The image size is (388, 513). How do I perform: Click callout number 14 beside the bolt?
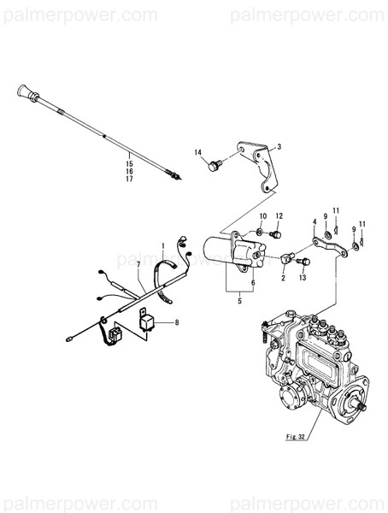[x=197, y=153]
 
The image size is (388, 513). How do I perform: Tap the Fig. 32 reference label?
[x=297, y=437]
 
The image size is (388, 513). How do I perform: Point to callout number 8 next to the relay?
[x=176, y=322]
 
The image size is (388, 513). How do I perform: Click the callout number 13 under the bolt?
[x=302, y=278]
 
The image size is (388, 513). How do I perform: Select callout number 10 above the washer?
[x=263, y=215]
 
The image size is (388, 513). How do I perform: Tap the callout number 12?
[x=279, y=215]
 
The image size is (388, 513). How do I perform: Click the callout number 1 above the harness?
[x=162, y=245]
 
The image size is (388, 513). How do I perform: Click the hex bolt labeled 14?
[x=214, y=165]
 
